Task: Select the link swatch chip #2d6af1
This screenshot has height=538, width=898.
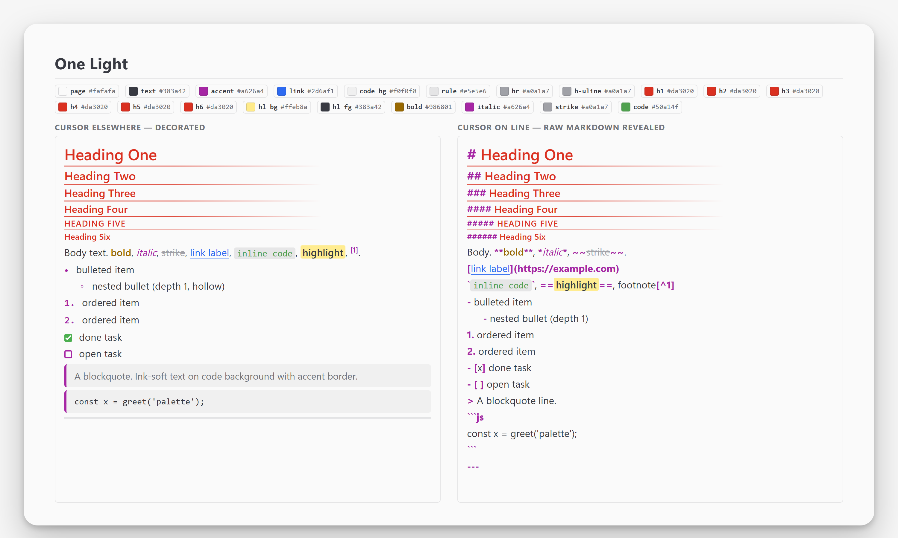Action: tap(306, 91)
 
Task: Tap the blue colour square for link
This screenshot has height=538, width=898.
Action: tap(281, 91)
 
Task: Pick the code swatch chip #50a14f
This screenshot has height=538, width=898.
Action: tap(650, 107)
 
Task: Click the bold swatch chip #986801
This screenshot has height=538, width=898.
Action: tap(423, 107)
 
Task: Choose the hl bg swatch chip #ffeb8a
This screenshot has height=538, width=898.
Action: tap(277, 107)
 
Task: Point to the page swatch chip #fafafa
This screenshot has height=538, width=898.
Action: tap(87, 91)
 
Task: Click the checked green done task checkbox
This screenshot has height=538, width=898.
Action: tap(68, 338)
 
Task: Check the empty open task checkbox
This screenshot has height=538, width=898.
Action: tap(68, 354)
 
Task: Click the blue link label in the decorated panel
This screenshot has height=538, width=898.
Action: tap(210, 253)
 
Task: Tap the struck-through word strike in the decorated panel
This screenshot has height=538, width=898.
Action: tap(173, 253)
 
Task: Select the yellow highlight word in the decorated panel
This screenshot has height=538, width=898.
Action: tap(323, 253)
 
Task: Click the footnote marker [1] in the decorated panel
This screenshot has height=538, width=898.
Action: tap(354, 250)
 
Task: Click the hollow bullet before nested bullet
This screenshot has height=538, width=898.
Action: tap(82, 286)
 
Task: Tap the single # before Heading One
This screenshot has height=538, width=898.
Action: tap(471, 155)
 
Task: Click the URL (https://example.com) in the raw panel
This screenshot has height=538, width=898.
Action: tap(566, 269)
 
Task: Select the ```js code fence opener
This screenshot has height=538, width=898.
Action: tap(476, 417)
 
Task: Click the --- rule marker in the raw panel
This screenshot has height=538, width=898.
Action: tap(473, 467)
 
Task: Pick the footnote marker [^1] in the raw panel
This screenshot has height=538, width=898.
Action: tap(665, 285)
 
